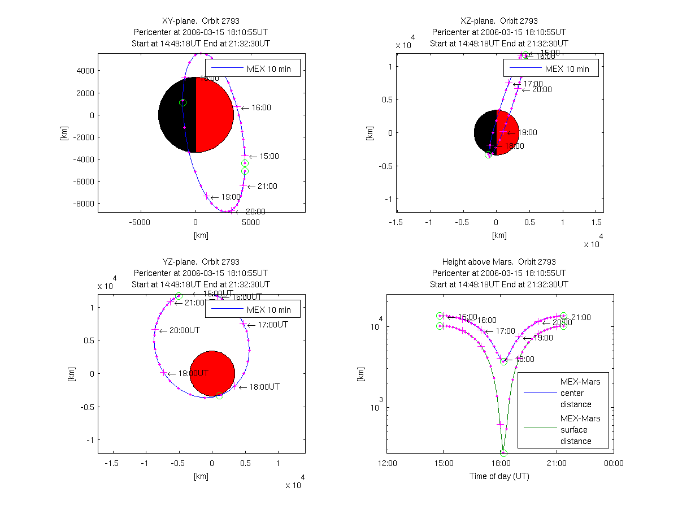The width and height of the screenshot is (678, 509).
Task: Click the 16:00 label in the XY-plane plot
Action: tap(260, 107)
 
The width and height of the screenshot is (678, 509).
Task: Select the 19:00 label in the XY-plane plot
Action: tap(230, 197)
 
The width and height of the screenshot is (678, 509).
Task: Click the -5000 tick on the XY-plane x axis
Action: tap(140, 222)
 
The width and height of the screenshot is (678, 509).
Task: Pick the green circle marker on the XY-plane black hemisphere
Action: tap(182, 102)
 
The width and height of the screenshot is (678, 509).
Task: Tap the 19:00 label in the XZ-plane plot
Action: tap(527, 132)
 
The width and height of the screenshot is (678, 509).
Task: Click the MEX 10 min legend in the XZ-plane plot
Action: tap(551, 68)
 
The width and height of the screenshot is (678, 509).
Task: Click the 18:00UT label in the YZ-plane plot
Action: tap(264, 387)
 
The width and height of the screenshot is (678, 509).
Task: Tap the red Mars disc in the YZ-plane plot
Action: tap(212, 373)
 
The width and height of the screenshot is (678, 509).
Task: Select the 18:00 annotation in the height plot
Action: tap(524, 359)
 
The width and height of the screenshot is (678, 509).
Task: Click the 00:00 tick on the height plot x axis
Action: tap(614, 464)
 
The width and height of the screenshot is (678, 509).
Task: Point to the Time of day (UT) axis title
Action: tap(499, 476)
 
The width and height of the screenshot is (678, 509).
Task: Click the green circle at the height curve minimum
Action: tap(503, 453)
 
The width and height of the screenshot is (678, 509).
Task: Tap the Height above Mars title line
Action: tap(499, 262)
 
